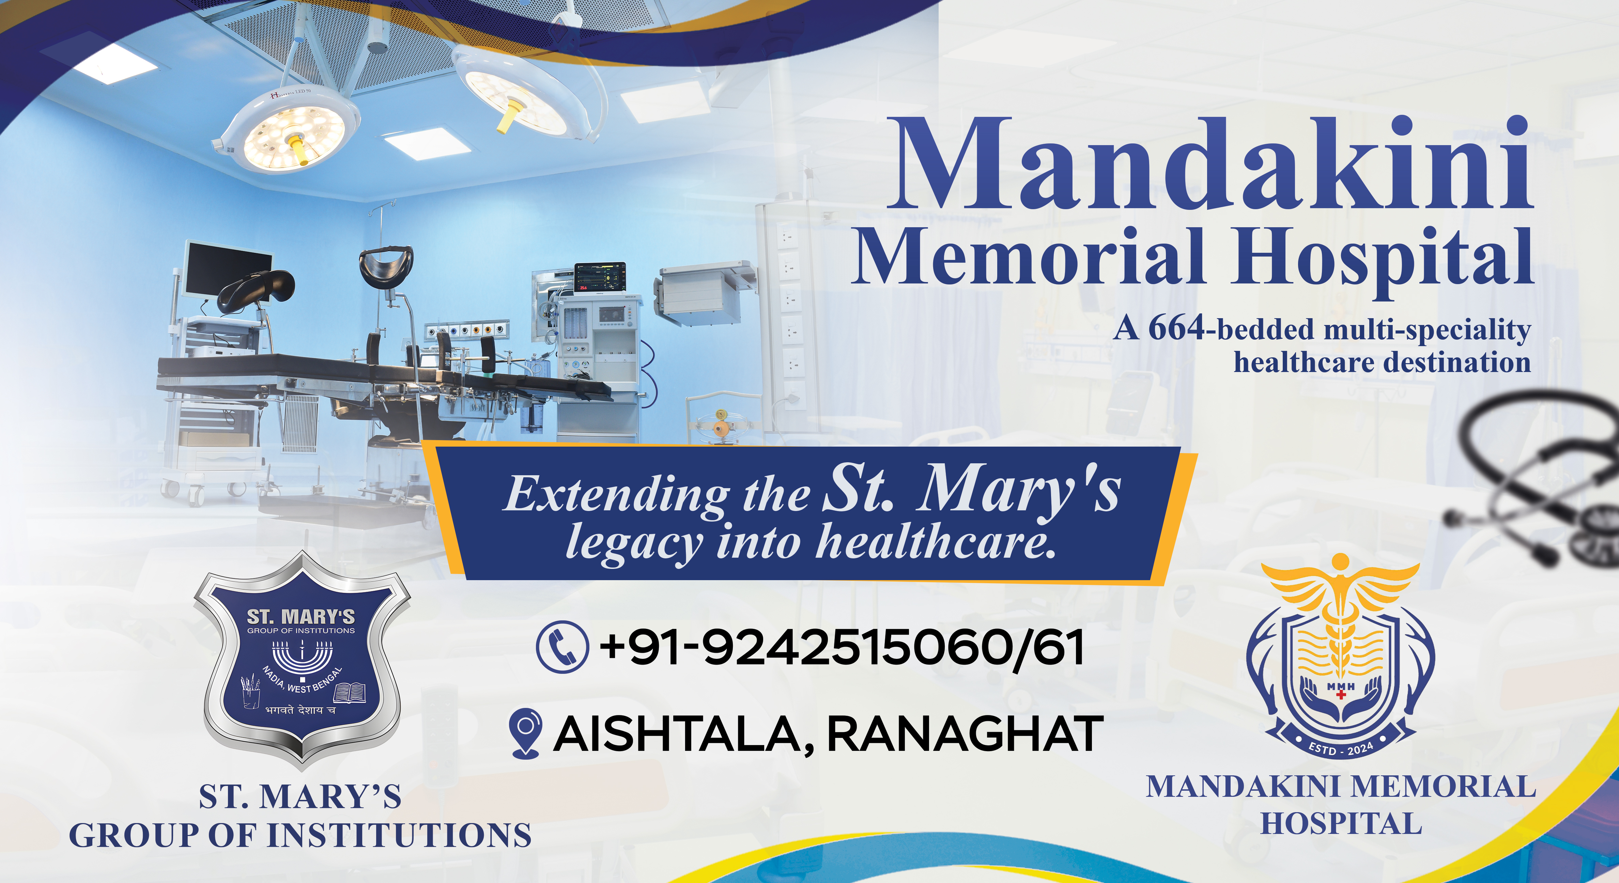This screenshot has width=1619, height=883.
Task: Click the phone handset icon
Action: (562, 647)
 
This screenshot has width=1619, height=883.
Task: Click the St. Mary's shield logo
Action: (302, 660)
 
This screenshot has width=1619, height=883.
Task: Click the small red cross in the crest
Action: (1341, 695)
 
